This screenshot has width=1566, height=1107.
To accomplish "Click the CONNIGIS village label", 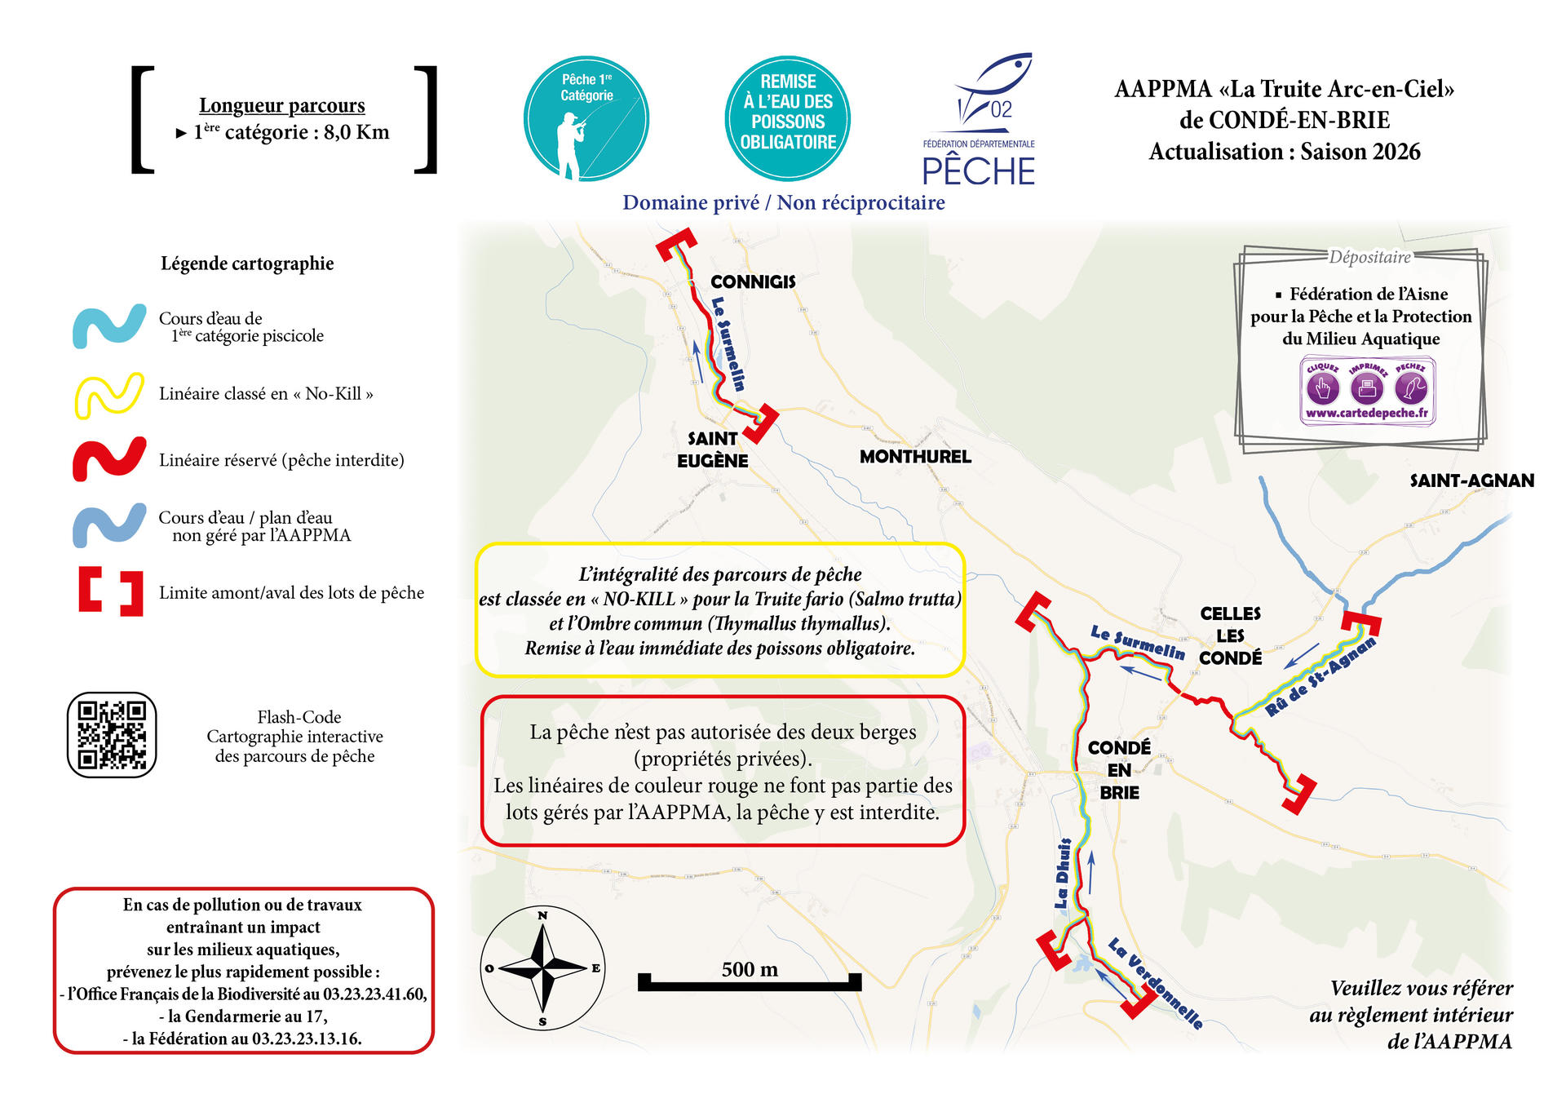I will coord(752,281).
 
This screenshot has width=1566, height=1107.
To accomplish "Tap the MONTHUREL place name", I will coord(915,457).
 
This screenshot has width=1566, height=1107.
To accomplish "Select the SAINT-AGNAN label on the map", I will coord(1471,480).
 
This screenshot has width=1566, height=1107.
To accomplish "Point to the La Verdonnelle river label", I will coord(1155,982).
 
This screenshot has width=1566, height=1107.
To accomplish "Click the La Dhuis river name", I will coord(1062,873).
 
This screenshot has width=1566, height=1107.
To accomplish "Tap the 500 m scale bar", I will coord(749,981).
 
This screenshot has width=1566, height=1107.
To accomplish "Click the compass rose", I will coord(542,968).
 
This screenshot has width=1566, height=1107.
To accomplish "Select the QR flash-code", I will coord(112,734).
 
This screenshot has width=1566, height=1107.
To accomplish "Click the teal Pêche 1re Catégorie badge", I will coord(586,119).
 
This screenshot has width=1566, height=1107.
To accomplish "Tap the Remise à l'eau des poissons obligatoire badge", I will coord(787,119).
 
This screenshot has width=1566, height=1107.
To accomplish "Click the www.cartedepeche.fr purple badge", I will coord(1367,392).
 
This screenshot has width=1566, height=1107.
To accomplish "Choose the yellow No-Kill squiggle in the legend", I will coord(109,395).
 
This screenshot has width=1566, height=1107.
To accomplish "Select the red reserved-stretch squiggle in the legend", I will coord(109,460).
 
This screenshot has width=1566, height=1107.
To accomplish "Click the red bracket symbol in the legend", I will coord(111,591).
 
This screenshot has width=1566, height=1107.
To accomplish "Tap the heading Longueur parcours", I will coord(281,105).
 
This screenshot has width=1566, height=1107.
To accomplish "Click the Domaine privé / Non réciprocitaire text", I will coord(783,202).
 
